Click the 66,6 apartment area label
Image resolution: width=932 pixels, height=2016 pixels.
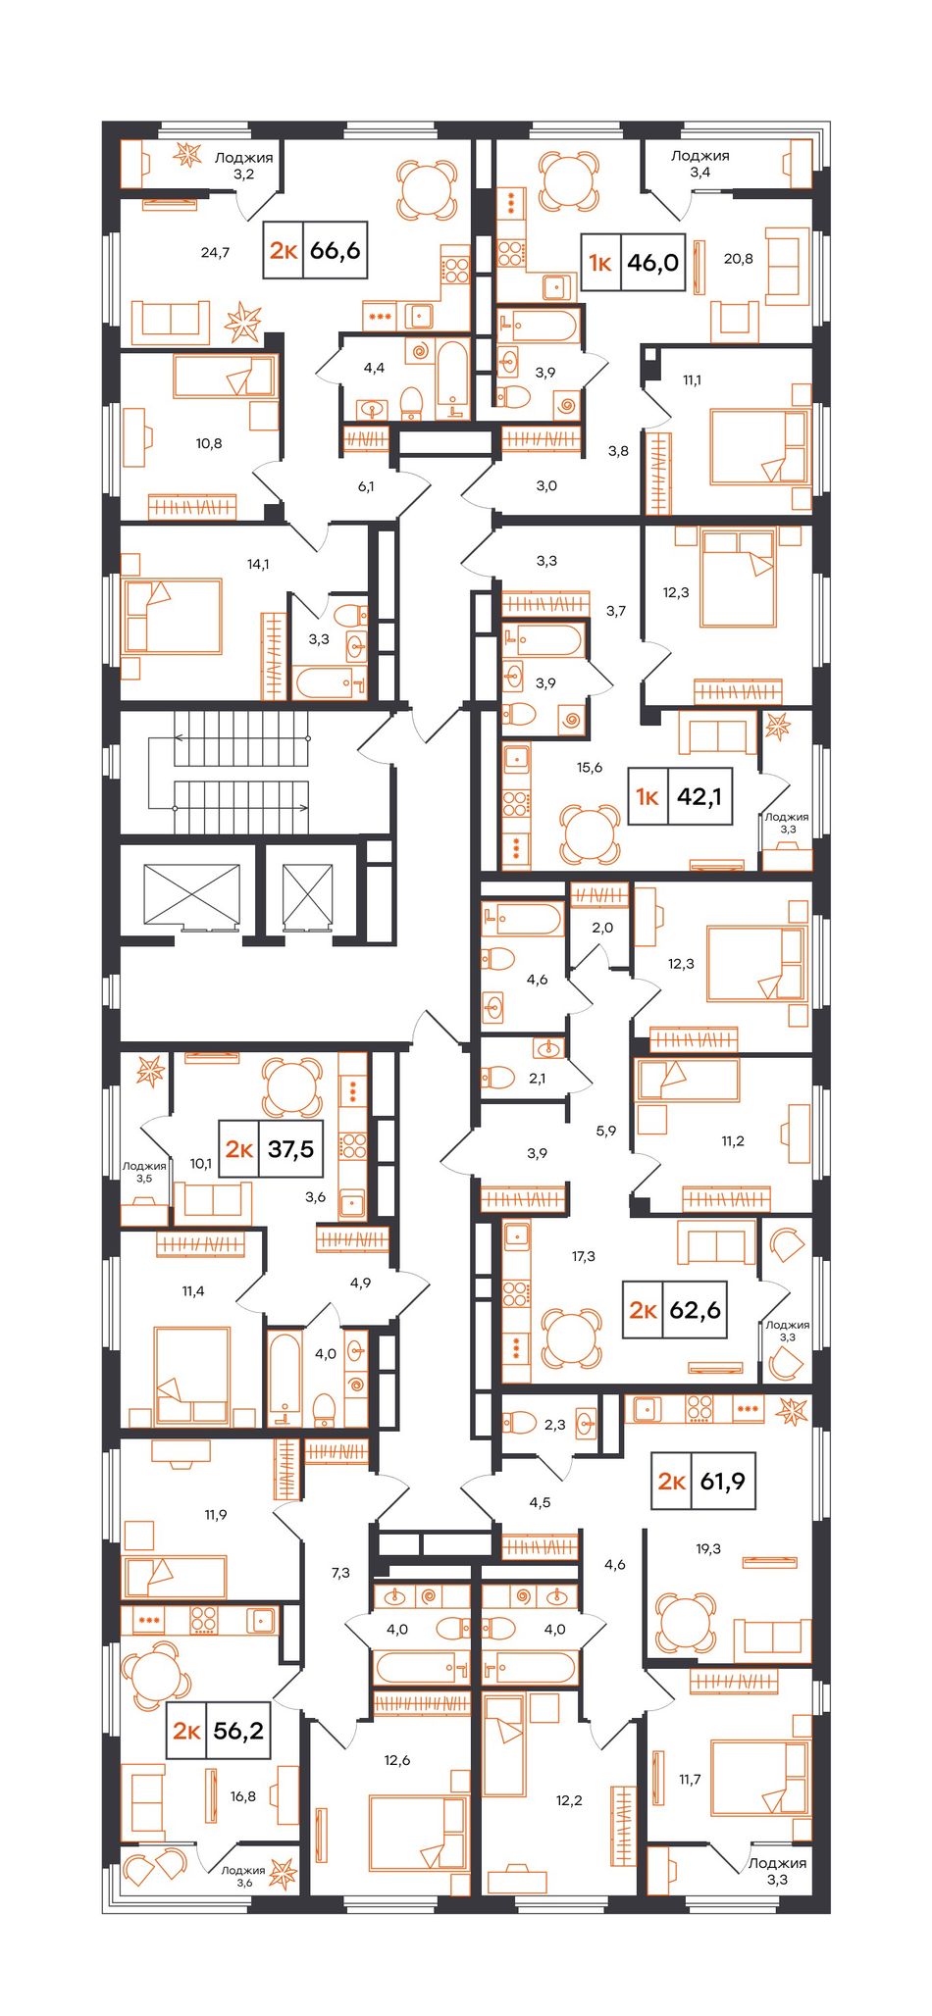335,251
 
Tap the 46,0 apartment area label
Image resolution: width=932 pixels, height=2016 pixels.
653,262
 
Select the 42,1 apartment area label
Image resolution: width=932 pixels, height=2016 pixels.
699,796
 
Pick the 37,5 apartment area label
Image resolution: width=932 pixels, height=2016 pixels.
290,1148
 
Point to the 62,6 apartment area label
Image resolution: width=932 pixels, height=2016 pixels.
696,1310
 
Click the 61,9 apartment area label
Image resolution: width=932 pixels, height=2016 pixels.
723,1481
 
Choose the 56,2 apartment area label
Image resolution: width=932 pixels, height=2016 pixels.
238,1731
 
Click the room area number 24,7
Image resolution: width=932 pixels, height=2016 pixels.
215,252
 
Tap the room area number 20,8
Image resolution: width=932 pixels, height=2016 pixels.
738,258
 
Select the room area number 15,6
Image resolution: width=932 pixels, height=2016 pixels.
590,767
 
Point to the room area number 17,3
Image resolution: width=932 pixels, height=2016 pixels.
584,1255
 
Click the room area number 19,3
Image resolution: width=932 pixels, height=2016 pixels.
708,1548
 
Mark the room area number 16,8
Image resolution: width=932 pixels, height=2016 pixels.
243,1796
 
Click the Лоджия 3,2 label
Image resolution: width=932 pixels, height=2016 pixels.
243,165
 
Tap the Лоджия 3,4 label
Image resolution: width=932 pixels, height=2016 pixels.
699,163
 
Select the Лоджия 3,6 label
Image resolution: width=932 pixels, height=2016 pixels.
243,1876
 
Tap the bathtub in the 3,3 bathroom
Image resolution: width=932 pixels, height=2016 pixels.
331,683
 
